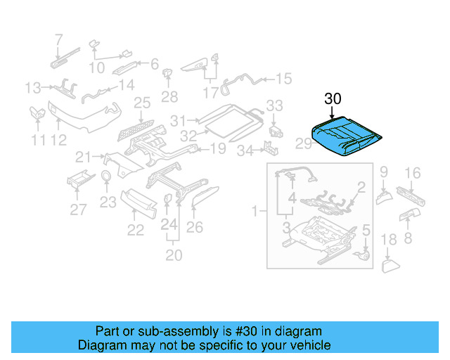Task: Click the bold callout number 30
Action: click(333, 99)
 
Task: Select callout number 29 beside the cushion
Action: click(303, 144)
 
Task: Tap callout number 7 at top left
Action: click(58, 39)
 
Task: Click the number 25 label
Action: click(142, 103)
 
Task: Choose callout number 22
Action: click(135, 229)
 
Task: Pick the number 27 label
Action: click(78, 209)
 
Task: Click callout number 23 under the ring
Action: click(107, 202)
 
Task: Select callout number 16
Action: click(412, 172)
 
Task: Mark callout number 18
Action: click(389, 241)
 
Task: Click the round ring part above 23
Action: click(106, 176)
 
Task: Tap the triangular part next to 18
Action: click(390, 265)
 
